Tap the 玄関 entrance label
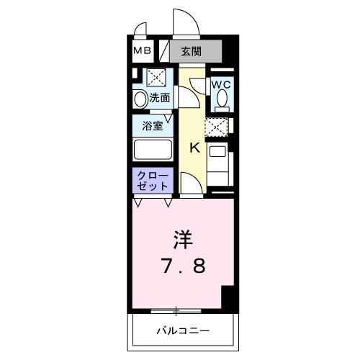(x=191, y=51)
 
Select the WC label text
(x=221, y=84)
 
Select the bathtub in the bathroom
(x=152, y=150)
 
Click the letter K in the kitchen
(x=194, y=148)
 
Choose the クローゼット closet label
(x=151, y=180)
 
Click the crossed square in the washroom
(x=156, y=78)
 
